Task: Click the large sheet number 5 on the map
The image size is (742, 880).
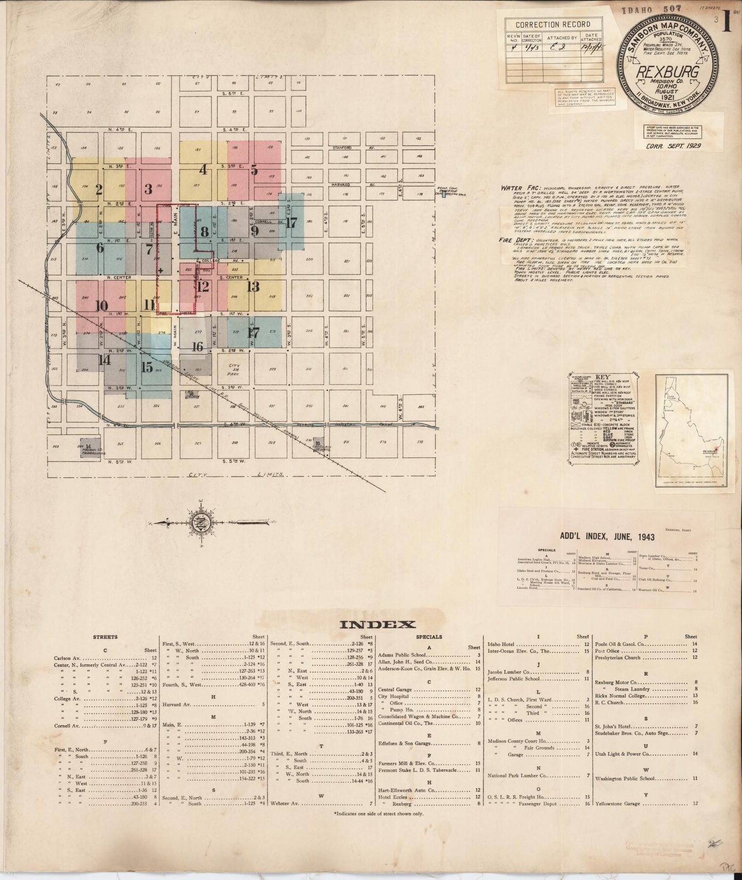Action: pyautogui.click(x=254, y=169)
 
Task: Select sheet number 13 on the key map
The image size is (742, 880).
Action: pyautogui.click(x=253, y=286)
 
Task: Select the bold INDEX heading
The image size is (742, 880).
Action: pyautogui.click(x=378, y=624)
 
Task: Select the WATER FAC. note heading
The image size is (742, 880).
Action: pyautogui.click(x=519, y=188)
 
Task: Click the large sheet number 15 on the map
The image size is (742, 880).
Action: pyautogui.click(x=147, y=367)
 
